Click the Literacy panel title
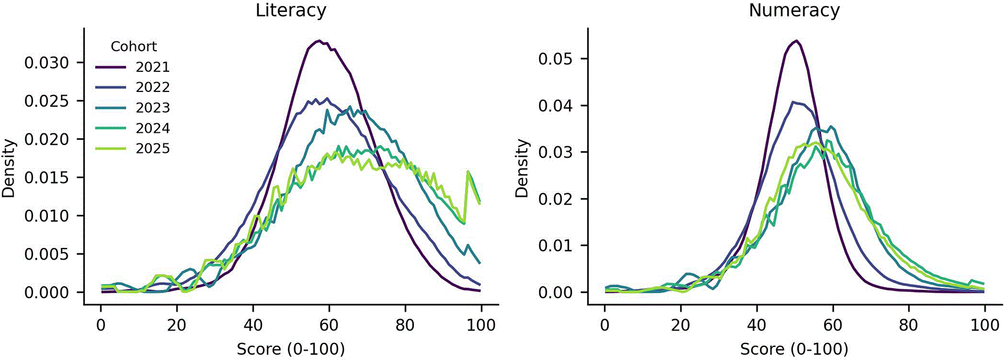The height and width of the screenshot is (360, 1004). point(291,10)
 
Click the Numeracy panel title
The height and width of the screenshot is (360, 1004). point(794,10)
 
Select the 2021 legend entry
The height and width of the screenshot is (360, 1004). point(133,67)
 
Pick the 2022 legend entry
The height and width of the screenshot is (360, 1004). point(133,87)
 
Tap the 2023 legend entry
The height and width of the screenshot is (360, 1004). point(133,108)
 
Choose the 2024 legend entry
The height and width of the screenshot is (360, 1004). point(133,129)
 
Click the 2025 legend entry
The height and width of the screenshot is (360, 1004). point(133,149)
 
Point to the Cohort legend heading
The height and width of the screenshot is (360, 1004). point(133,47)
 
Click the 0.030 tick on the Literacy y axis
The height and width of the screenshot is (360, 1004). point(47,63)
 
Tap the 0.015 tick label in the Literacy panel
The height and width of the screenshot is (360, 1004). point(47,178)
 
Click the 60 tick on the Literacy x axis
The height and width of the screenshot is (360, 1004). point(329,325)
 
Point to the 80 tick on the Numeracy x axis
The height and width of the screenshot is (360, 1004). point(909,325)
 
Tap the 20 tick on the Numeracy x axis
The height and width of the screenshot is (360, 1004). point(681,325)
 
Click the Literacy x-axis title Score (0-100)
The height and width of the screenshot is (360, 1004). point(290,349)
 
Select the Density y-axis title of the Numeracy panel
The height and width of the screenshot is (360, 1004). point(522,168)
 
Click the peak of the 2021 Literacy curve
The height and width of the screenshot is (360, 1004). point(318,41)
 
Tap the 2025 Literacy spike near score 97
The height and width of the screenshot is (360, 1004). point(469,172)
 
